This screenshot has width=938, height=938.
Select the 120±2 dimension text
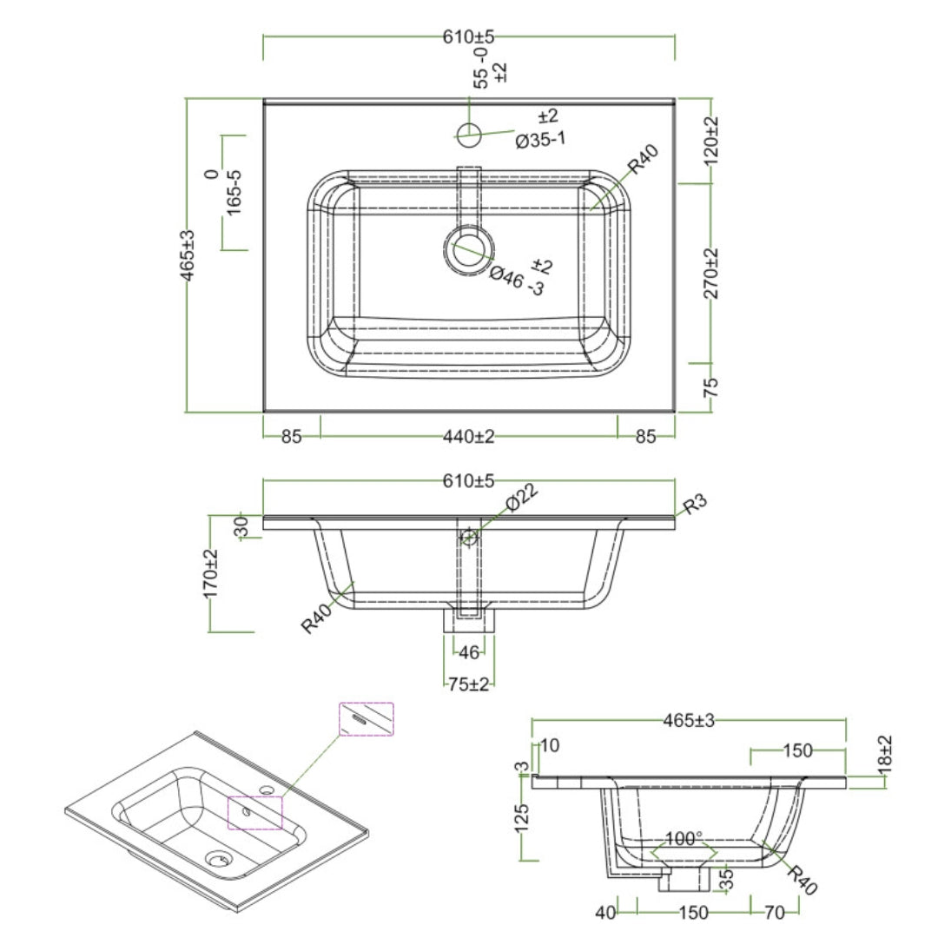point(711,140)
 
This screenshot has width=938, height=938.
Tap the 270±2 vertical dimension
point(711,274)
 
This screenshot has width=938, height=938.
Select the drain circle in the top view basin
point(469,250)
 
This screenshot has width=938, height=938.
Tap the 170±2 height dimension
point(210,572)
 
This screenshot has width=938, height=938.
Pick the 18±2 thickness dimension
point(884,756)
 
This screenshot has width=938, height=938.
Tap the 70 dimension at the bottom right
point(775,912)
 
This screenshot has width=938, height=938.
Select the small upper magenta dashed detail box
point(366,719)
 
